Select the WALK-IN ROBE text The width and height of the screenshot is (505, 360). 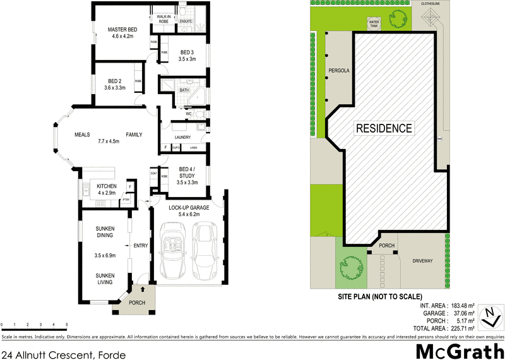point(163,20)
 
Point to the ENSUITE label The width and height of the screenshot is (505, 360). point(186,21)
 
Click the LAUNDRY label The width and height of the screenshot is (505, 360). point(182,137)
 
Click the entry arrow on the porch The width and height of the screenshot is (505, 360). point(142,290)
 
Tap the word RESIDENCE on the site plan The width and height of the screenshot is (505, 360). point(384,128)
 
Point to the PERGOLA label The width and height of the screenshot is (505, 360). point(339,70)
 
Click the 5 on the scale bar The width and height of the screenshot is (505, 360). point(66,324)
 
